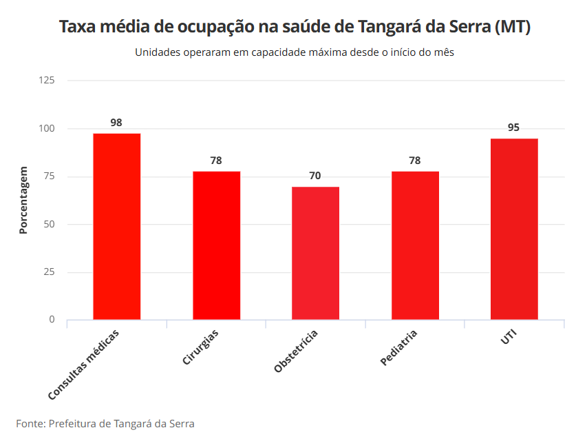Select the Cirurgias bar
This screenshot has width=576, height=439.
coord(216,245)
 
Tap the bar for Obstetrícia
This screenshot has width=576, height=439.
coord(315,253)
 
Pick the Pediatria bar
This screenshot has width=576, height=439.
coord(415,245)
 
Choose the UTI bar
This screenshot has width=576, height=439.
coord(514,229)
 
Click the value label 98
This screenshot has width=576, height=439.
coord(116,123)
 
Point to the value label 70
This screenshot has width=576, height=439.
coord(315,176)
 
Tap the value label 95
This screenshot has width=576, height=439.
coord(514,127)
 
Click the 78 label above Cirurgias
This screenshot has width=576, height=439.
coord(216,161)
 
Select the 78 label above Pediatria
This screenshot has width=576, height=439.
coord(415,161)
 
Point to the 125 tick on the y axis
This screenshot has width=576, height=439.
coord(47,81)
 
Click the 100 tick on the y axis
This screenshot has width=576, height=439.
coord(47,129)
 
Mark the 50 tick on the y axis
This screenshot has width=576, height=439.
coord(50,224)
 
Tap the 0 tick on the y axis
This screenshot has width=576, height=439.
coord(52,320)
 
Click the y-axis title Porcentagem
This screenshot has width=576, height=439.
coord(23,200)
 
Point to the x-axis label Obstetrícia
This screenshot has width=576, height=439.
coord(296,351)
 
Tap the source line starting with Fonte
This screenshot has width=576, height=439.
coord(105,423)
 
